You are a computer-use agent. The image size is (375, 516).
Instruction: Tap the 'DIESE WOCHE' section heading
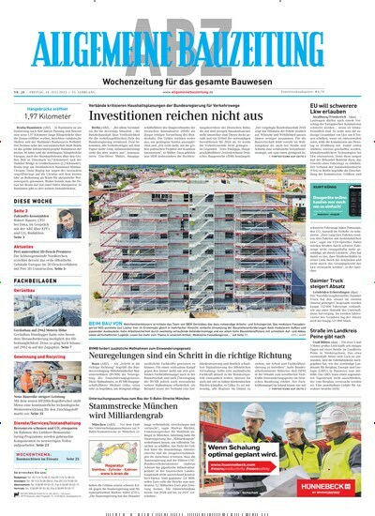(x=34, y=201)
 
